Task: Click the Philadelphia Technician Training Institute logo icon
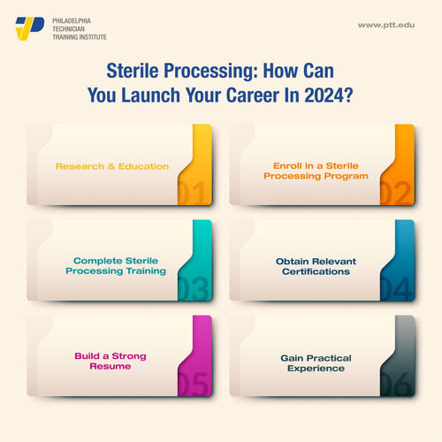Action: click(30, 28)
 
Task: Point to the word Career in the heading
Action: click(253, 95)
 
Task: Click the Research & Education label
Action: click(112, 166)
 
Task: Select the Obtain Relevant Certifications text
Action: click(312, 266)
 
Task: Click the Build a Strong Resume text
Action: click(110, 361)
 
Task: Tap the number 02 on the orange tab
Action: click(395, 191)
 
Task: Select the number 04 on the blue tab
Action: click(395, 286)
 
